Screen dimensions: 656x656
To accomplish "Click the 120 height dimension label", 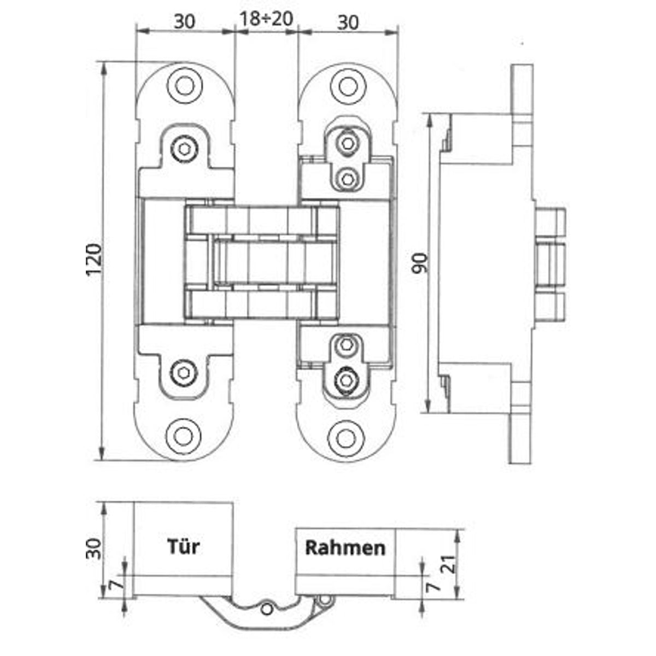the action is click(x=95, y=260).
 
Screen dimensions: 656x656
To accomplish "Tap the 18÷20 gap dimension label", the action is click(x=267, y=19).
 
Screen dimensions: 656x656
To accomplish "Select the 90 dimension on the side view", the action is click(x=419, y=263).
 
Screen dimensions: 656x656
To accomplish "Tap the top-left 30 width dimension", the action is click(x=185, y=22).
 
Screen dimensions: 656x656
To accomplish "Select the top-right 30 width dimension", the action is click(x=348, y=22).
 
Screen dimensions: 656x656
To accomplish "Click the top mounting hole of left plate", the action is click(x=185, y=86).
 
